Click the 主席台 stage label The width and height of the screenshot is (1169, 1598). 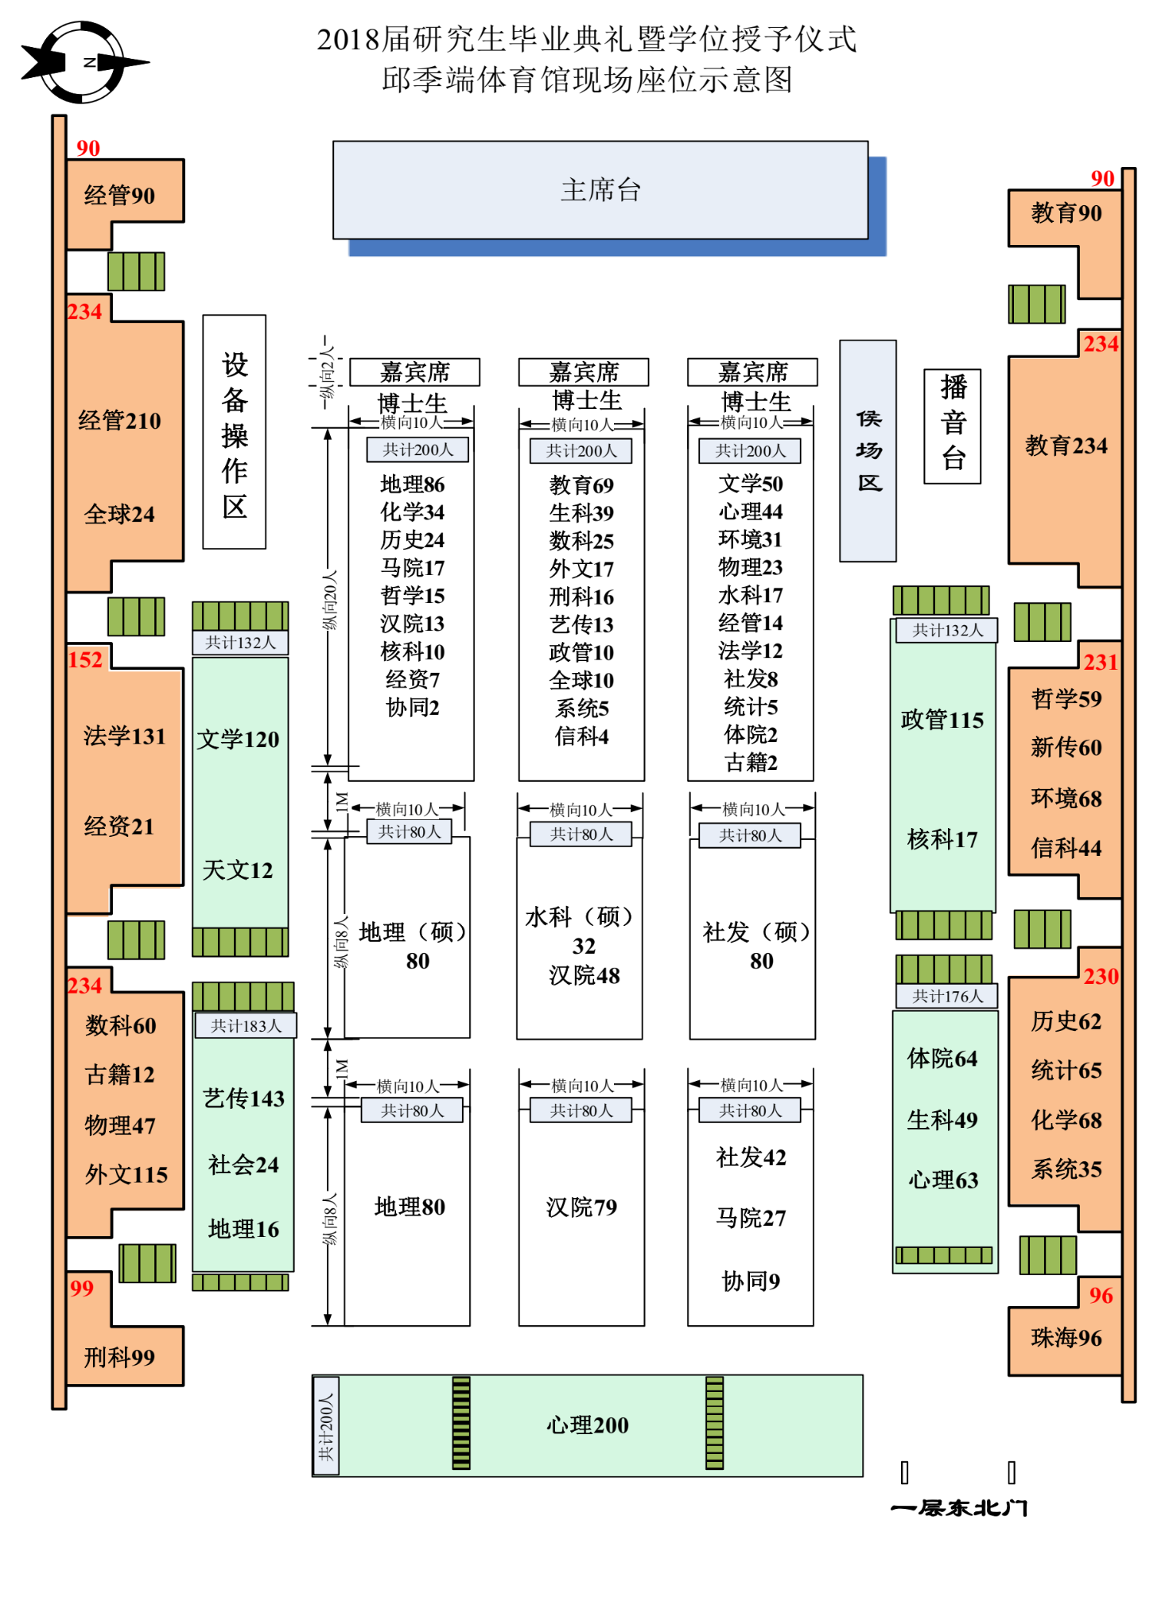point(600,190)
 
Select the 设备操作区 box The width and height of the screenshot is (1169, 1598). point(235,433)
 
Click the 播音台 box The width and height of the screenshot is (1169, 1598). point(953,426)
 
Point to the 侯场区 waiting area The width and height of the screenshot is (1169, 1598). point(868,451)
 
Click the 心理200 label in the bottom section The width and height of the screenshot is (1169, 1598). point(587,1425)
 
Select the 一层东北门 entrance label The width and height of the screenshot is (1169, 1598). point(959,1508)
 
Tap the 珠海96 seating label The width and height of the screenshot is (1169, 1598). point(1066,1338)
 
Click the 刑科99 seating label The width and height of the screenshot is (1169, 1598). point(119,1357)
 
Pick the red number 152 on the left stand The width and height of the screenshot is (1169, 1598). point(85,659)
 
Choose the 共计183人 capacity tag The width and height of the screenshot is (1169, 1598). point(246,1026)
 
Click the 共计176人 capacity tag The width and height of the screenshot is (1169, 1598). point(947,996)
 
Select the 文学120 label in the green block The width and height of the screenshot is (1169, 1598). point(238,740)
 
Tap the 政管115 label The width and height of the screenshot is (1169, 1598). point(942,720)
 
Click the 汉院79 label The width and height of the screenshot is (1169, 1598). point(581,1207)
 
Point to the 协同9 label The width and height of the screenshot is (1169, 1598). point(751,1281)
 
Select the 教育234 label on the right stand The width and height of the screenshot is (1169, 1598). point(1066,445)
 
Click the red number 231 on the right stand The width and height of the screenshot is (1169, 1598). point(1101,662)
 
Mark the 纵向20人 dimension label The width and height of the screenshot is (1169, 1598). point(329,600)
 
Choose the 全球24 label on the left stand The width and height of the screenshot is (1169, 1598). point(119,515)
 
